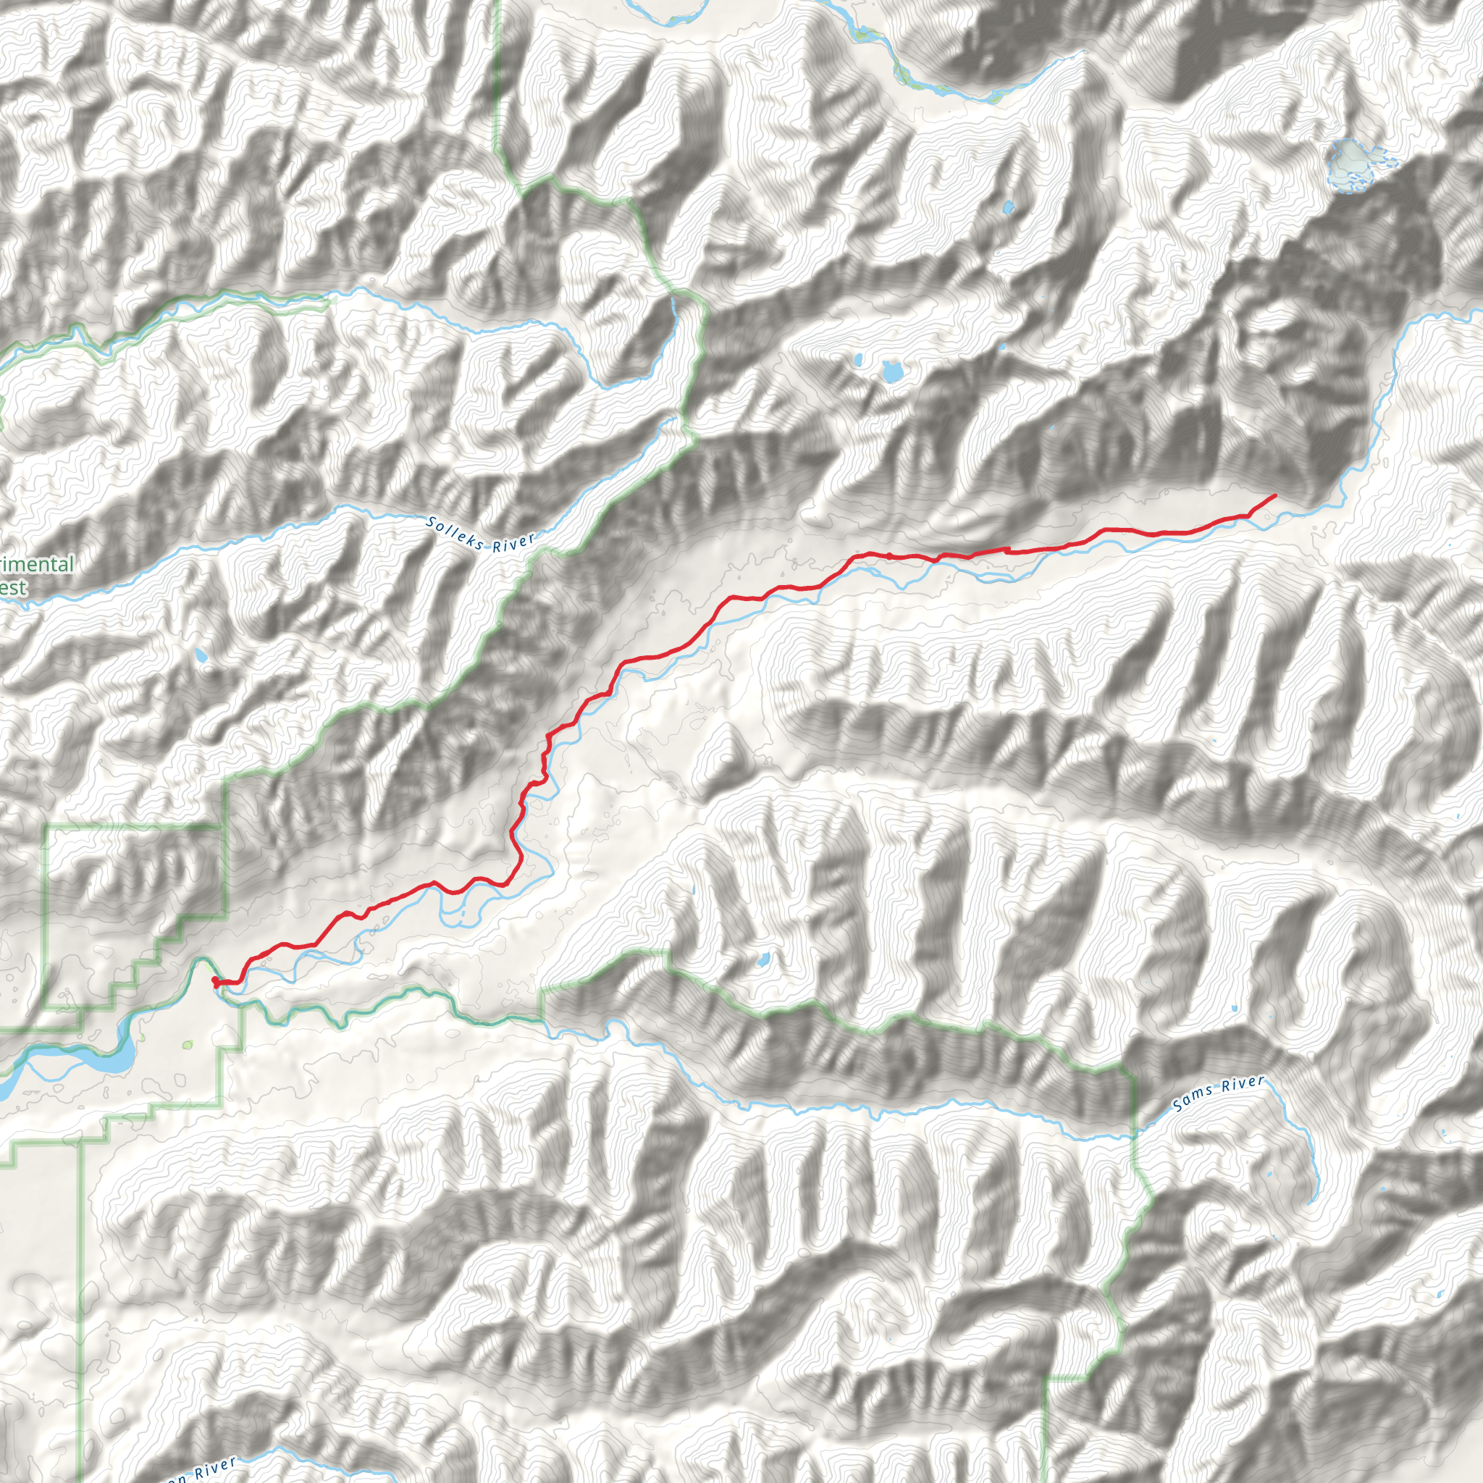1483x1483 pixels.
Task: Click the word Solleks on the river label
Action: pos(455,534)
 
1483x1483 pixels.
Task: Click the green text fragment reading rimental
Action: pos(37,565)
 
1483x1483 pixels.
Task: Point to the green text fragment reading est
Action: pos(13,589)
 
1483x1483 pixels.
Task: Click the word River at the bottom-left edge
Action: pos(215,1470)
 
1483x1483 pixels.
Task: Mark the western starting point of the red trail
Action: pos(214,980)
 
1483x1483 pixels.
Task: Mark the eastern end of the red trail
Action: pos(1275,496)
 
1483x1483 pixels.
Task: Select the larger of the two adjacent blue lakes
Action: pos(891,372)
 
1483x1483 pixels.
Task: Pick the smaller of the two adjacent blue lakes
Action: pos(858,359)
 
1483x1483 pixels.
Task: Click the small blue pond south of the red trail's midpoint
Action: pos(764,959)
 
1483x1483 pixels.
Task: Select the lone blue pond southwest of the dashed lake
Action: pos(1008,206)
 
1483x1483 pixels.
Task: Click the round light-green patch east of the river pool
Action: pos(188,1046)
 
